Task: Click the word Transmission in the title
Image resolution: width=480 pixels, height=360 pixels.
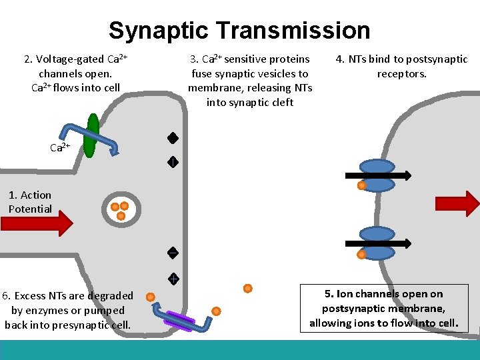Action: (292, 31)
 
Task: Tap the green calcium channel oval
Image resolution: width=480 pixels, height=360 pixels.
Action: (93, 135)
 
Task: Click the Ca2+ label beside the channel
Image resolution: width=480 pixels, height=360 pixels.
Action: (60, 147)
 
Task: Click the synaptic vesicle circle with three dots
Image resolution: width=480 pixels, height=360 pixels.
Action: (121, 210)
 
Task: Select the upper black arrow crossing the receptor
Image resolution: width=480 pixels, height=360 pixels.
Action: (377, 176)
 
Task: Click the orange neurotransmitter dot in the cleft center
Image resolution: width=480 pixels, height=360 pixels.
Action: (247, 289)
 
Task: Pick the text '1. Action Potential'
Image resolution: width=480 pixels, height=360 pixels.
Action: (30, 202)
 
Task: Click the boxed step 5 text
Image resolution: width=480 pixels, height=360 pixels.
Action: (383, 308)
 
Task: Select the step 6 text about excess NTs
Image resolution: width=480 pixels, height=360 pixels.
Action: (67, 310)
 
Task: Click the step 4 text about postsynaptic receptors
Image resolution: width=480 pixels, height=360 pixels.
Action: (401, 66)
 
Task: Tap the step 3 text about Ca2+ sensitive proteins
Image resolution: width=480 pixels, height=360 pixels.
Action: (250, 81)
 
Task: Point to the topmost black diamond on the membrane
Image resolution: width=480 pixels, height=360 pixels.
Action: (172, 139)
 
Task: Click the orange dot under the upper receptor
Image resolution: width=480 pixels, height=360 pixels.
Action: (361, 186)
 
